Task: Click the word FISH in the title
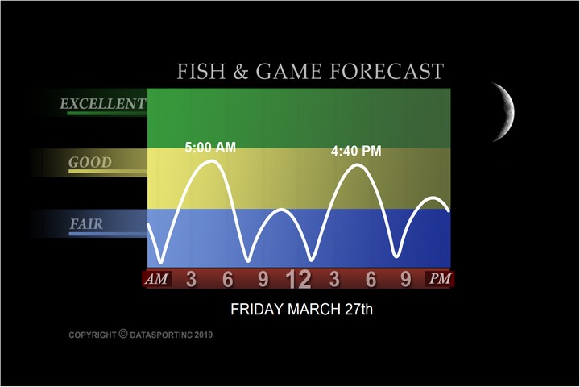(201, 71)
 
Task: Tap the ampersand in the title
(240, 72)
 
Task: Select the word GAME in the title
(288, 71)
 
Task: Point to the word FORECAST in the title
(387, 71)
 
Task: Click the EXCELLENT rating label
(103, 104)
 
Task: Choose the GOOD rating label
(90, 162)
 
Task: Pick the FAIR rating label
(86, 224)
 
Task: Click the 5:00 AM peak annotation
(210, 148)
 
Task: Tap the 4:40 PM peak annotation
(356, 151)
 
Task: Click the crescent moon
(508, 111)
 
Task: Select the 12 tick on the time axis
(298, 280)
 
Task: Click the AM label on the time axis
(156, 279)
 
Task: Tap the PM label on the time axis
(440, 278)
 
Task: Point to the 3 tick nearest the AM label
(191, 279)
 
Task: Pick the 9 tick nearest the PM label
(406, 279)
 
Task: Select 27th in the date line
(358, 310)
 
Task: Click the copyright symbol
(123, 334)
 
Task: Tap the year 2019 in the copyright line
(204, 335)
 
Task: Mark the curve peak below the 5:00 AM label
(213, 161)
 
